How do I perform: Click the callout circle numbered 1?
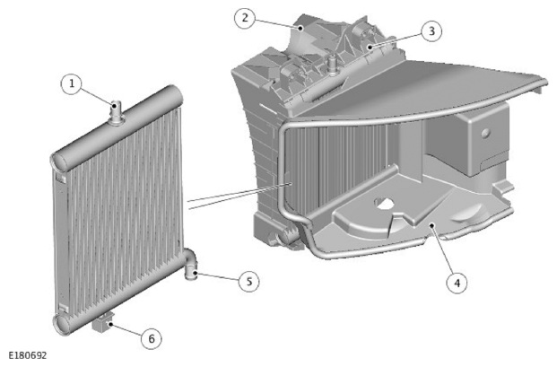click(x=72, y=84)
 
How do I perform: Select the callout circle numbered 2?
click(x=245, y=18)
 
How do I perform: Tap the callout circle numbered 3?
click(x=431, y=31)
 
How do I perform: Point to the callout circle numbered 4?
click(x=457, y=283)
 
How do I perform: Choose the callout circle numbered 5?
click(x=249, y=282)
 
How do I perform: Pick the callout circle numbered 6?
click(x=152, y=338)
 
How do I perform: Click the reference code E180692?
click(x=27, y=355)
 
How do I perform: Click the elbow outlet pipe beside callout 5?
click(x=191, y=263)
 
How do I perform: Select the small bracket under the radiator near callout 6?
click(x=103, y=322)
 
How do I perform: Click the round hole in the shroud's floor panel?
click(x=384, y=203)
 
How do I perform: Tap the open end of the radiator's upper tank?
click(x=59, y=162)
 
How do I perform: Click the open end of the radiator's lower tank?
click(x=61, y=324)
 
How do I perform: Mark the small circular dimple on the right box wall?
click(x=485, y=133)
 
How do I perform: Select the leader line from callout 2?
click(x=277, y=22)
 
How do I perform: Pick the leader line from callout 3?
click(x=396, y=40)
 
